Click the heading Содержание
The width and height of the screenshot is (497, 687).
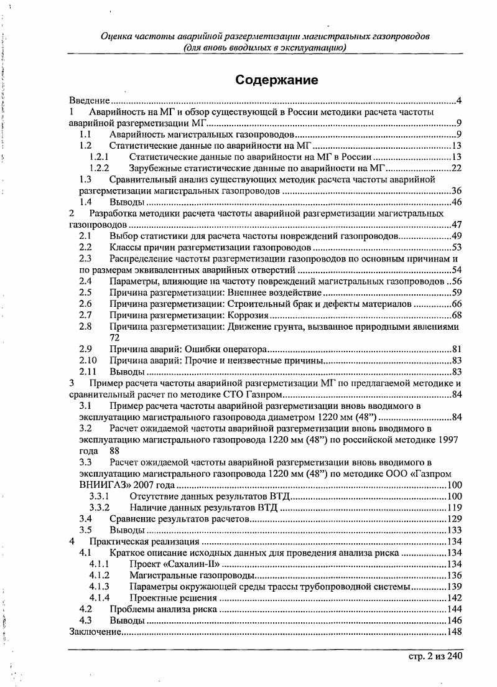pos(277,80)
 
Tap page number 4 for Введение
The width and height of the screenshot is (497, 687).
pos(458,101)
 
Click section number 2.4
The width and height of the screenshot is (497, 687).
pos(86,281)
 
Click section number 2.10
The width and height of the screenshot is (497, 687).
pos(88,360)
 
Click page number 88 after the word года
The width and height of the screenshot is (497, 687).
pos(114,451)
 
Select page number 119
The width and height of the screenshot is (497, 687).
pos(453,507)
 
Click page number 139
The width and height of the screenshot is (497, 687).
pos(453,587)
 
